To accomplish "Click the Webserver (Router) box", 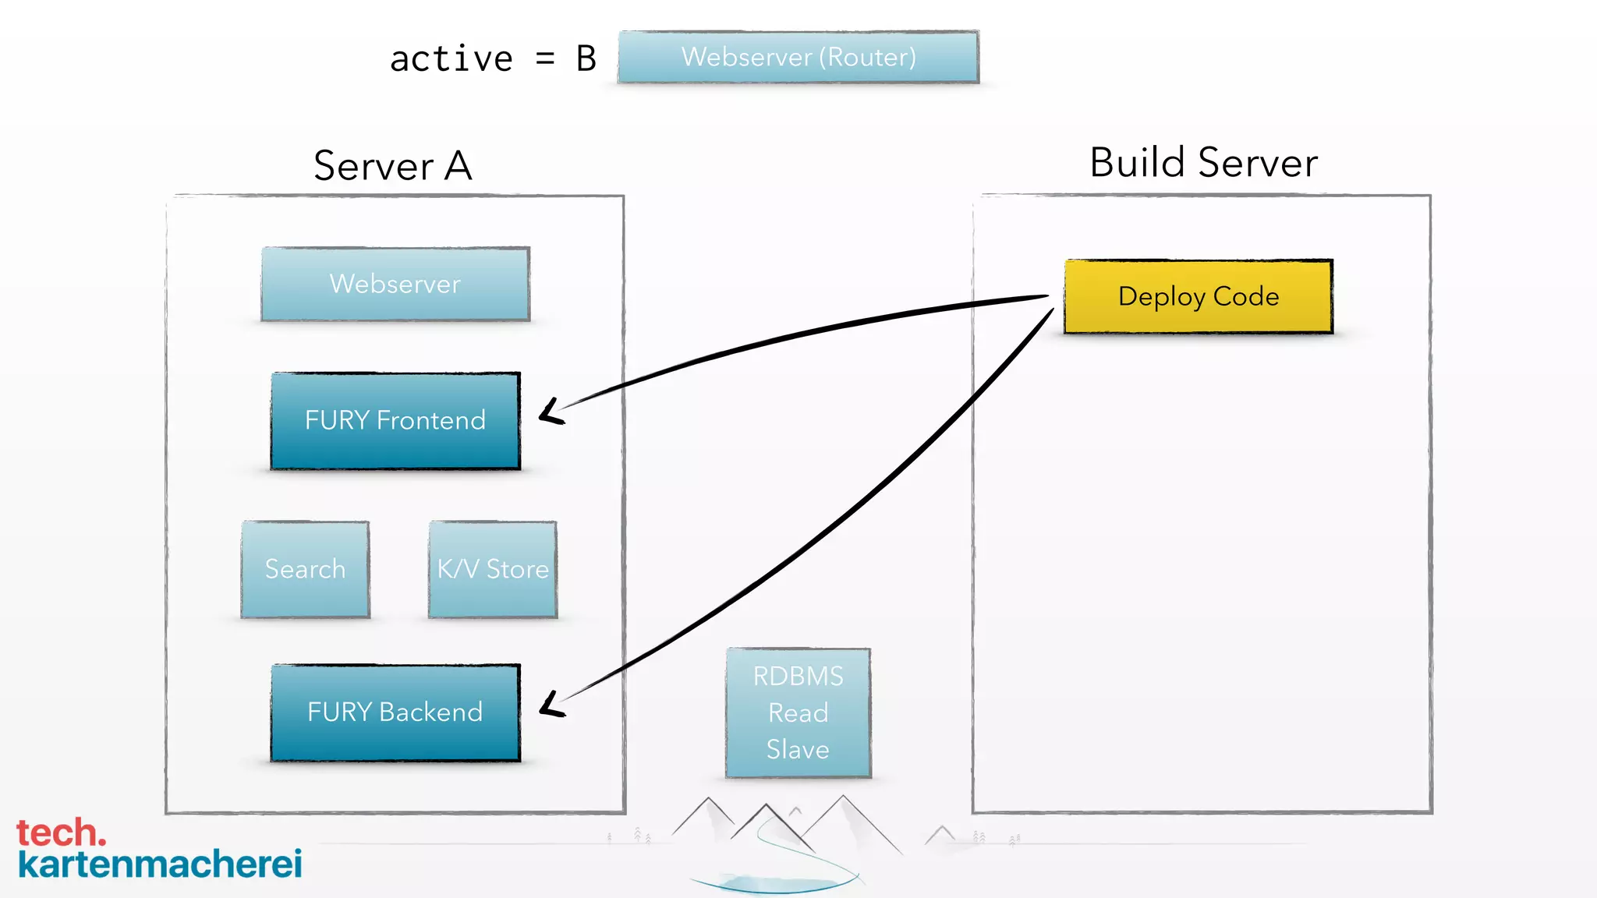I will coord(798,57).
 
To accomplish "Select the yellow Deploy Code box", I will coord(1199,296).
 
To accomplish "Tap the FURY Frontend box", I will coord(395,421).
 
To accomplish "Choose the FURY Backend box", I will coord(395,712).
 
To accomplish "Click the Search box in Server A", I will coord(305,569).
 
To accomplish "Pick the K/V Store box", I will coord(493,569).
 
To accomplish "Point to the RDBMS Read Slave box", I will coord(798,712).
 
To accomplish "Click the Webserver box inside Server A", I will coord(395,284).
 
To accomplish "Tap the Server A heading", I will coord(392,165).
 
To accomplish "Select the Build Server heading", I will coord(1203,163).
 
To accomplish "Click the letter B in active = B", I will coord(586,59).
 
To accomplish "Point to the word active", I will coord(451,59).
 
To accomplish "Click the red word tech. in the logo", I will coord(61,833).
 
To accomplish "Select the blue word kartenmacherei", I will coord(160,864).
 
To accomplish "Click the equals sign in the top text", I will coord(545,59).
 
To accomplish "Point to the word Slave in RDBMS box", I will coord(798,749).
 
